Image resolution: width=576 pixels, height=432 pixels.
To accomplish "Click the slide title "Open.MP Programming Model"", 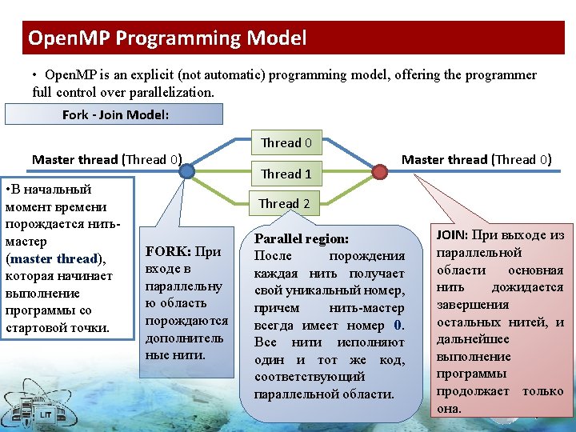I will (167, 38).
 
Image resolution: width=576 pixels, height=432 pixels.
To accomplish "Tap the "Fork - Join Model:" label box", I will (114, 114).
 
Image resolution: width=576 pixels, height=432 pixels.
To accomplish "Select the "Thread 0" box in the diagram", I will (286, 143).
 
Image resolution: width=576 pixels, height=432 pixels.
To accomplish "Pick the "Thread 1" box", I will (286, 174).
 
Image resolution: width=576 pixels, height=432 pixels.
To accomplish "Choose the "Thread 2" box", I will (285, 203).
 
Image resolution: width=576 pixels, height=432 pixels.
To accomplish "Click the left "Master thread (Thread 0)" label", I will (106, 159).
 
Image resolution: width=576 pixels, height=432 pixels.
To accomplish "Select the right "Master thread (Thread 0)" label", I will (476, 159).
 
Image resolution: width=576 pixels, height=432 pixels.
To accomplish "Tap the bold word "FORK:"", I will (167, 251).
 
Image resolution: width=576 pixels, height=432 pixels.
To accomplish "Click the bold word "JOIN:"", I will (450, 235).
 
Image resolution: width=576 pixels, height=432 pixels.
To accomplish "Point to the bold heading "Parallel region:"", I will (301, 238).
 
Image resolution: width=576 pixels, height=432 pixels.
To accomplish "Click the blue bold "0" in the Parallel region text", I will (398, 325).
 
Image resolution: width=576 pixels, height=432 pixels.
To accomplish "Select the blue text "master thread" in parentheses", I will (54, 258).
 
